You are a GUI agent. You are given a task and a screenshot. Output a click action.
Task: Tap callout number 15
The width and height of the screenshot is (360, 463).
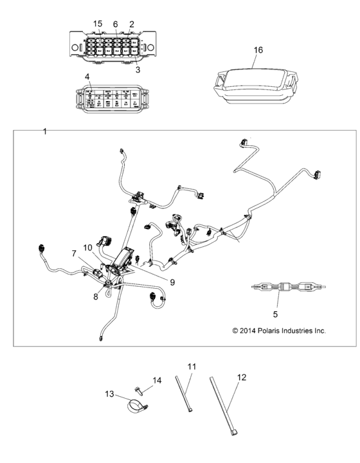(x=98, y=24)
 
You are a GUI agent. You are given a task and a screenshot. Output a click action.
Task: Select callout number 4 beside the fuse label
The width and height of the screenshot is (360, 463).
(x=87, y=77)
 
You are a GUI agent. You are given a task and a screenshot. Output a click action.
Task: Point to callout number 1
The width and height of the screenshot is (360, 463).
(x=44, y=132)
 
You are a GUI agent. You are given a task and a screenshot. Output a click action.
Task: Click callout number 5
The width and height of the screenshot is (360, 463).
(x=275, y=315)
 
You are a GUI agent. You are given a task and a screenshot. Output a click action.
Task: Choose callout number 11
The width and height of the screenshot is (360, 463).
(x=191, y=367)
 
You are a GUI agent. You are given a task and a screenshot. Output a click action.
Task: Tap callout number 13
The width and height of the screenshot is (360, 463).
(x=109, y=394)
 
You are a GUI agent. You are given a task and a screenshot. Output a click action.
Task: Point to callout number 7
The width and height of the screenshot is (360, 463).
(x=74, y=254)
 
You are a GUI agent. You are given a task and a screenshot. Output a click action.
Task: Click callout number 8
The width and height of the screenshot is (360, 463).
(x=95, y=296)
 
